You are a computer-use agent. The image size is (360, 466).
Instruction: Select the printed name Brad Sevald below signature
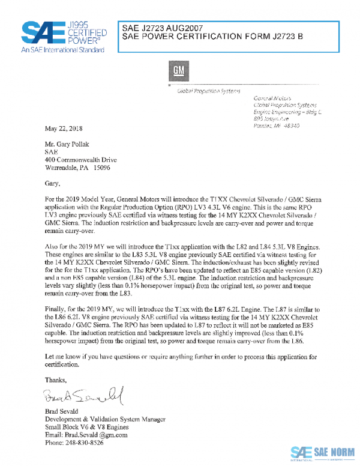tap(64, 411)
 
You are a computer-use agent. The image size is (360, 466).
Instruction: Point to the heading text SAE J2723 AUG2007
tap(163, 28)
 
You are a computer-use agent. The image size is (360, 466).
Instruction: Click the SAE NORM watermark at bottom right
tap(322, 452)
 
